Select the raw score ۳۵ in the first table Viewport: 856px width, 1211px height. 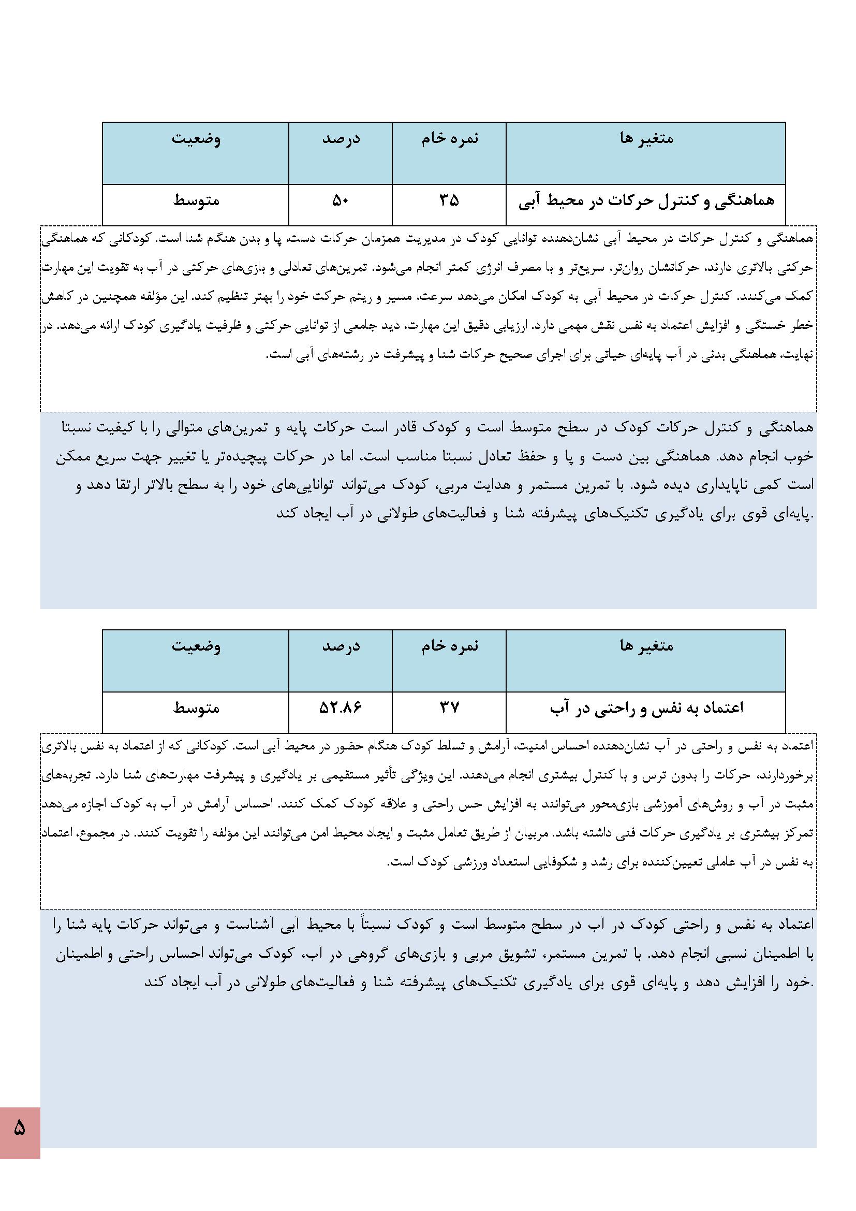(x=449, y=200)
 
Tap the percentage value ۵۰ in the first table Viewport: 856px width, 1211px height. (x=340, y=200)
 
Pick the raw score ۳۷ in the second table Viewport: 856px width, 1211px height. (x=449, y=708)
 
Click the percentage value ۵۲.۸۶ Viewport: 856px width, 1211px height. (x=340, y=708)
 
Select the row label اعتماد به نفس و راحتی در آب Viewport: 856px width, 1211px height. (x=646, y=708)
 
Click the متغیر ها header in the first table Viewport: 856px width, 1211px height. (x=646, y=139)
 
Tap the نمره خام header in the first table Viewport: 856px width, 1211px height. (x=449, y=139)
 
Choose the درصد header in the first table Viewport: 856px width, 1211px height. (x=341, y=139)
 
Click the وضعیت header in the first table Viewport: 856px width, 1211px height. (x=196, y=139)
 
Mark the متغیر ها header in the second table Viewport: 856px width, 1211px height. (x=646, y=645)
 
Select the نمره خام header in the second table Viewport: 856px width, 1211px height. (x=449, y=645)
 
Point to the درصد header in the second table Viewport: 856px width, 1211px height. (x=341, y=645)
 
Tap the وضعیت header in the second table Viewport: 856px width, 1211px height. (x=196, y=645)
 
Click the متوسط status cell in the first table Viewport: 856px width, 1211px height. (x=196, y=201)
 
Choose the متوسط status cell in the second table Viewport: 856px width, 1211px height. (x=196, y=708)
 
